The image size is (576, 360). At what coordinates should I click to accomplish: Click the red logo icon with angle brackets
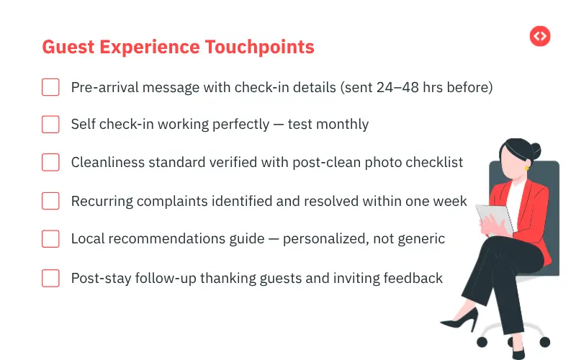pos(540,36)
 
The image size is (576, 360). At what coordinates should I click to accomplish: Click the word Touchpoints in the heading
pos(260,47)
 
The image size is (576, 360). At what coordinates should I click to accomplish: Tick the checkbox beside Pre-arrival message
pos(50,87)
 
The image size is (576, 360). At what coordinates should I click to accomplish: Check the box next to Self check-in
pos(50,125)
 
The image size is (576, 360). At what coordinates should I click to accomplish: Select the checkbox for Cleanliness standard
pos(50,163)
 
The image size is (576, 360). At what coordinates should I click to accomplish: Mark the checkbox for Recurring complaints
pos(50,201)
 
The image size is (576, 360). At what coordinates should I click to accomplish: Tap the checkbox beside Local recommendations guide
pos(50,239)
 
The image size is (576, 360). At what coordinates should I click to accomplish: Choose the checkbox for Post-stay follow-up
pos(50,277)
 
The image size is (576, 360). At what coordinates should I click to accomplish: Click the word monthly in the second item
pos(342,125)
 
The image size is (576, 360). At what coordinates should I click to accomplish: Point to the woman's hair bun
pos(534,151)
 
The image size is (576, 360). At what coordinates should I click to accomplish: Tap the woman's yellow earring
pos(527,168)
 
